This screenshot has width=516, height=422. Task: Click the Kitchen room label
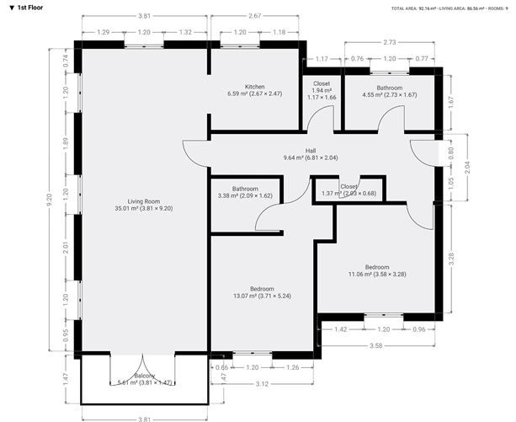pyautogui.click(x=255, y=87)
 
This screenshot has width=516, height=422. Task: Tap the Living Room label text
pyautogui.click(x=143, y=201)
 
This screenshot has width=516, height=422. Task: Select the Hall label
pyautogui.click(x=310, y=150)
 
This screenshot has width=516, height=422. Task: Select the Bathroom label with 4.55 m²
pyautogui.click(x=390, y=88)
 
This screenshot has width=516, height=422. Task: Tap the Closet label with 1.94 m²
pyautogui.click(x=322, y=84)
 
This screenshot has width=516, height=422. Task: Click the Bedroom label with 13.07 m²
pyautogui.click(x=262, y=289)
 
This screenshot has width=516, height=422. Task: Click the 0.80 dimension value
pyautogui.click(x=450, y=153)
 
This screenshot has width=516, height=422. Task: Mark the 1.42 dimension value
pyautogui.click(x=342, y=329)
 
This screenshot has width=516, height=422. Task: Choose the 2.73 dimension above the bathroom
pyautogui.click(x=390, y=41)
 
